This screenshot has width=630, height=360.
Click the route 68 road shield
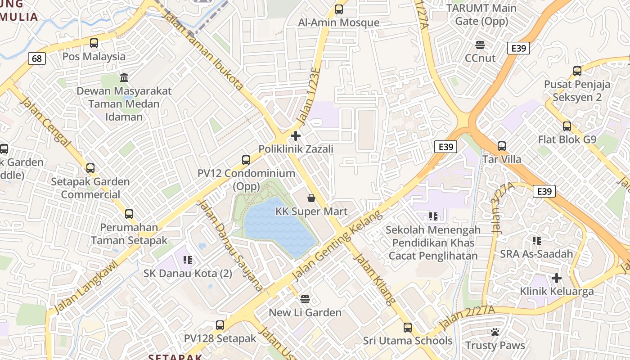click(37, 58)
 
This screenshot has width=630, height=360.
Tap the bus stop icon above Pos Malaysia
click(94, 43)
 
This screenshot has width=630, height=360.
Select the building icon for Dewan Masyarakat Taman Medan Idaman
click(124, 77)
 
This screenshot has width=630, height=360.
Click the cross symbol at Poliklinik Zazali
click(296, 135)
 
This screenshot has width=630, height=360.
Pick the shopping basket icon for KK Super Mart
click(311, 198)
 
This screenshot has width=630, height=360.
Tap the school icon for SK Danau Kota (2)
click(188, 260)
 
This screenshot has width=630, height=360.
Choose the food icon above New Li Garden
click(305, 299)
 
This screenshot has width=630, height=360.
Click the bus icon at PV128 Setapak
click(220, 325)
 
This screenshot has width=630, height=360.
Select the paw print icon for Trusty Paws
click(495, 332)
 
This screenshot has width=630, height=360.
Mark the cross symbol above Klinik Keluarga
click(557, 278)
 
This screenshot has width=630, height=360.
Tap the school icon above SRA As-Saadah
click(536, 240)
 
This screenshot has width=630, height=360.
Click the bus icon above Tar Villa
click(502, 146)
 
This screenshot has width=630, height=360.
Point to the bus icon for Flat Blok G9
click(567, 126)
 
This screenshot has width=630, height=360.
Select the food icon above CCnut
click(480, 45)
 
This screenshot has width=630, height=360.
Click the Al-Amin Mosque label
click(339, 22)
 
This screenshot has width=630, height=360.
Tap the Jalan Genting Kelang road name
click(337, 245)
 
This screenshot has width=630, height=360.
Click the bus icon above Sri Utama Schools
click(408, 327)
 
